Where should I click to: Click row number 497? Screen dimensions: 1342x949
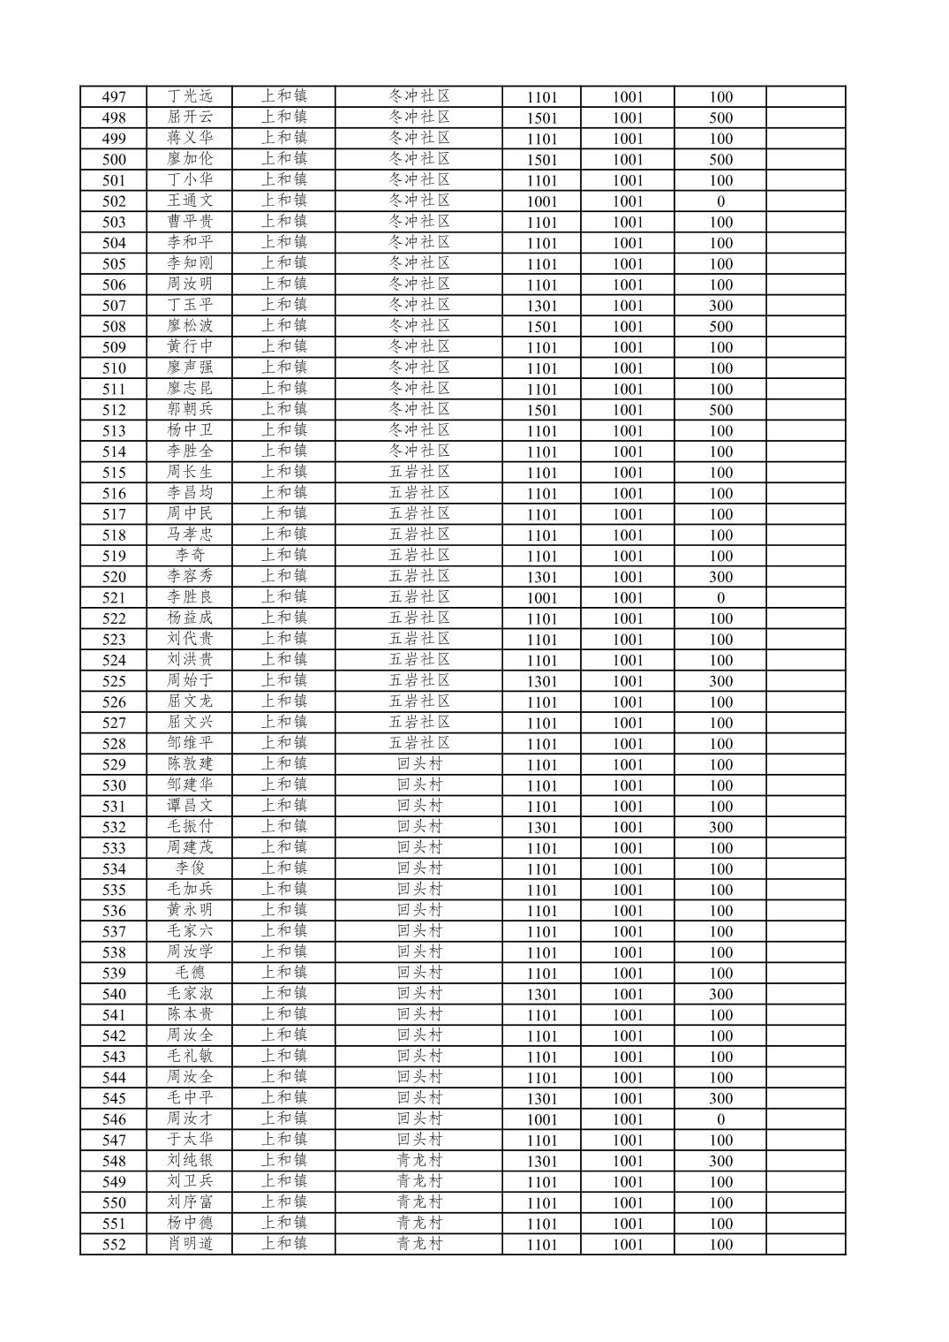tap(114, 97)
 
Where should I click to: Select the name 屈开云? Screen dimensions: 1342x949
tap(190, 118)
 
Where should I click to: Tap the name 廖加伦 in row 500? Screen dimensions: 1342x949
tap(190, 159)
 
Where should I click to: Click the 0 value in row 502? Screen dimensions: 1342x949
tap(720, 201)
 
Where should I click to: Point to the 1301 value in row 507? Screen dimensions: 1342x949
tap(541, 306)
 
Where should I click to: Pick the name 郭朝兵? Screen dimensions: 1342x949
tap(190, 410)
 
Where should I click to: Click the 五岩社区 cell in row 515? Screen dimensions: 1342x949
tap(419, 472)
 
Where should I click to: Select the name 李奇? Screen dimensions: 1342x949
tap(190, 556)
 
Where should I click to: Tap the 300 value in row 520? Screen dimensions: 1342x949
tap(720, 577)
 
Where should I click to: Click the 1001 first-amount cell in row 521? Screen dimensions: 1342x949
tap(541, 598)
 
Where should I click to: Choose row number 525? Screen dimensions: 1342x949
tap(114, 681)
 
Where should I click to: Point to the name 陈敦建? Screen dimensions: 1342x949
tap(190, 764)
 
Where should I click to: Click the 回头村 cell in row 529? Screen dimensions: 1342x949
tap(419, 764)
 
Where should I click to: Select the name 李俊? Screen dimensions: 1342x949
tap(190, 868)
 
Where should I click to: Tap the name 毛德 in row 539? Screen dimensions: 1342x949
tap(190, 973)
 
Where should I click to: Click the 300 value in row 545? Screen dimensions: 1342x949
tap(720, 1098)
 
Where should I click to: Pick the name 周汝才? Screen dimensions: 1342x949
tap(190, 1119)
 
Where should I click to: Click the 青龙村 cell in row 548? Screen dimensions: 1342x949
tap(419, 1161)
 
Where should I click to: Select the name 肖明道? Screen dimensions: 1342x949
tap(190, 1244)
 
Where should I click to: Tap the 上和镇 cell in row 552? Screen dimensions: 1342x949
tap(283, 1244)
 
